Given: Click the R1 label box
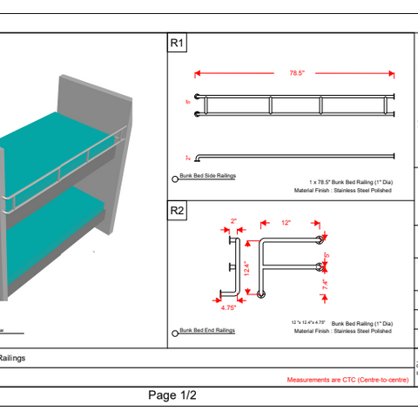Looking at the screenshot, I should (177, 43).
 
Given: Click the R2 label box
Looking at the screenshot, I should (177, 210).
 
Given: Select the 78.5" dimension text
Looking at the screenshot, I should (295, 74).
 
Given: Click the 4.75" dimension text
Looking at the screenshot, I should (229, 307).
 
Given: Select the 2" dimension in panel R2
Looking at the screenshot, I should (233, 221).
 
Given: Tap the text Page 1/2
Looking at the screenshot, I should (172, 395).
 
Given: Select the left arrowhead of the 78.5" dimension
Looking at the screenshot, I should (198, 74).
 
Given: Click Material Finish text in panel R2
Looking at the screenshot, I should (343, 331).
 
